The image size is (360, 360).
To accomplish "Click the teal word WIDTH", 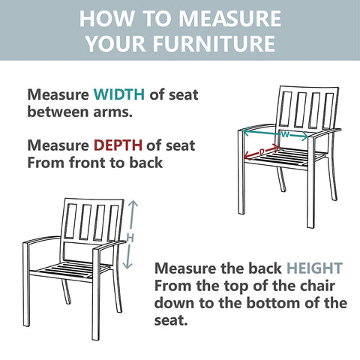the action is [x=119, y=94].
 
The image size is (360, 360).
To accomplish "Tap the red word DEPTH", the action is [x=118, y=145].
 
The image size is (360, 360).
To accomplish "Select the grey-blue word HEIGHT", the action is [x=314, y=268].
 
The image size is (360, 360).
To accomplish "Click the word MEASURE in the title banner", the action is [x=230, y=19].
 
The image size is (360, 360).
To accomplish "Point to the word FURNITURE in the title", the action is [x=214, y=43].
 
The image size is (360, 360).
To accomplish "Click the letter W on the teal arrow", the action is [x=285, y=135].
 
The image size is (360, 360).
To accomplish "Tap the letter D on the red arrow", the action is [x=262, y=151].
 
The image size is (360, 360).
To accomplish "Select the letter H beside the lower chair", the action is [x=130, y=238].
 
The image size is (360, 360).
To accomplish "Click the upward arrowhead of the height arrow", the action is [x=133, y=204].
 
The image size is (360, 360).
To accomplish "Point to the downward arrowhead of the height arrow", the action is [x=127, y=265].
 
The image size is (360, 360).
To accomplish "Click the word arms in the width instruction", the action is [x=112, y=112].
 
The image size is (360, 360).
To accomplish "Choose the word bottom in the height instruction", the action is [x=274, y=303].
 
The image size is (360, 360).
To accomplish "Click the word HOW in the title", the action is [x=106, y=19].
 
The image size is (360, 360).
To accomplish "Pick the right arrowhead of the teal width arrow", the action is [x=304, y=136].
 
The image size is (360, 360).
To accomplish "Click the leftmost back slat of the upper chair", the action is [x=285, y=109].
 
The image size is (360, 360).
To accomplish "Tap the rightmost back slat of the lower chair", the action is [x=114, y=223].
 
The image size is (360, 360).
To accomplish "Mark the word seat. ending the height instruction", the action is [x=171, y=320].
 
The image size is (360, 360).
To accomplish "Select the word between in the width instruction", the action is [x=58, y=112].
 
